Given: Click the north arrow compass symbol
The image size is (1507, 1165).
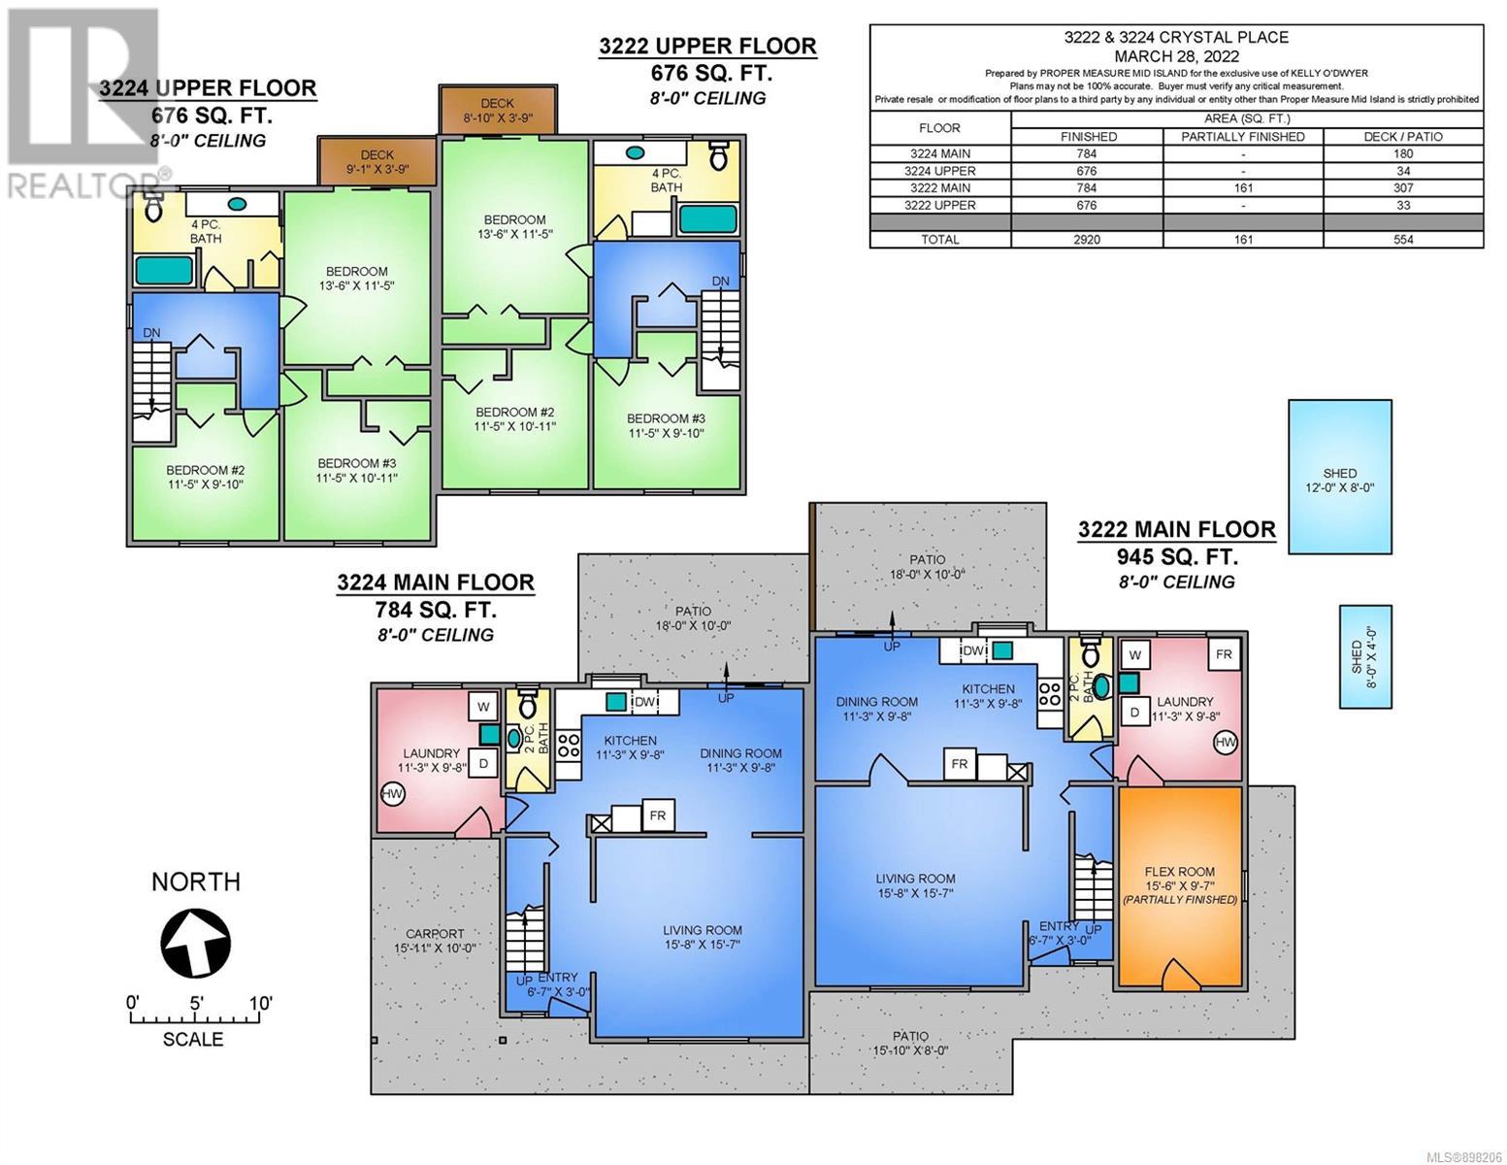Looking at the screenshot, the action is tap(195, 943).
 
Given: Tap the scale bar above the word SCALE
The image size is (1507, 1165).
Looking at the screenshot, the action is tap(195, 1018).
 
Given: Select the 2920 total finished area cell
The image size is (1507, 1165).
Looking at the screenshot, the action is tap(1086, 240).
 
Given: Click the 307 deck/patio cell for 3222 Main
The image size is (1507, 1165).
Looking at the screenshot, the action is tap(1402, 188).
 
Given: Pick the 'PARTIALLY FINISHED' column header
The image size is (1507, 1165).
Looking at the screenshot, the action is tap(1243, 137).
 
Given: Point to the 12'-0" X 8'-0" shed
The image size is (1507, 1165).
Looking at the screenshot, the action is tap(1339, 476).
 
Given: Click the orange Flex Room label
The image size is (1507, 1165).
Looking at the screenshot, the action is tap(1179, 871).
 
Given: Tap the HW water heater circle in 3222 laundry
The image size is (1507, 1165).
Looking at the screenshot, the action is tap(1225, 743).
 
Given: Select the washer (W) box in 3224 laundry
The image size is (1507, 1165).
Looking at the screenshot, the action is tap(483, 707).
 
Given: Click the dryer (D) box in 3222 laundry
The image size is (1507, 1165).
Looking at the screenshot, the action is tap(1134, 712).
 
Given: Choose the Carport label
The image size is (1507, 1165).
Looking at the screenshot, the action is tap(435, 933).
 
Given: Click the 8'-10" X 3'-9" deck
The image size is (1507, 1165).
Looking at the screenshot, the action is tap(497, 109).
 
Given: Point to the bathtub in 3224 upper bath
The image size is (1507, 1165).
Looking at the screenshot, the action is tap(164, 270).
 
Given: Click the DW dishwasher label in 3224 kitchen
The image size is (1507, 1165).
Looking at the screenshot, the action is tap(645, 702).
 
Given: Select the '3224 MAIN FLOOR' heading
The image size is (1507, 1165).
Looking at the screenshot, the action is tap(436, 582).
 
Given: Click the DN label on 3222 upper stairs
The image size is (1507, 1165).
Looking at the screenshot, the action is tap(721, 281).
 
